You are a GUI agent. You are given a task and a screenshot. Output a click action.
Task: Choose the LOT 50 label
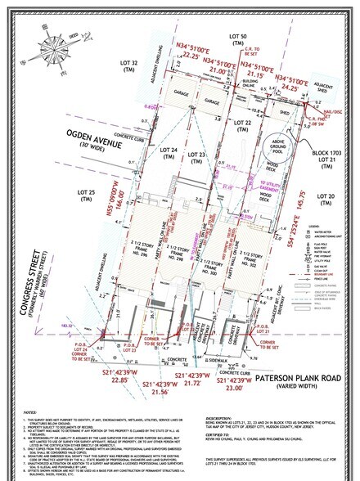click(x=237, y=38)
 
